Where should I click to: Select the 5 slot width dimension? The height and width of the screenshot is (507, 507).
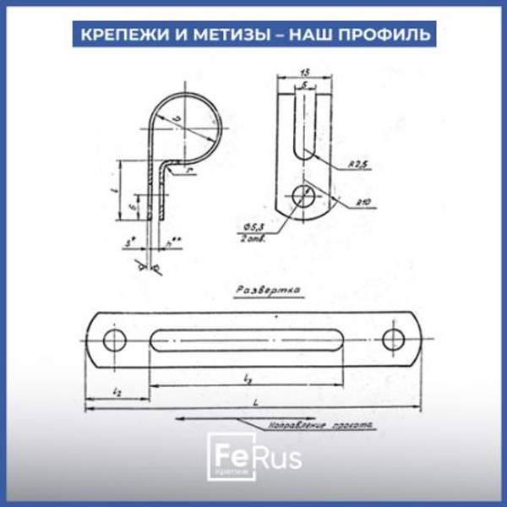pos(303,86)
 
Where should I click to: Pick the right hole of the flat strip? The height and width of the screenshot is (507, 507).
pos(393,340)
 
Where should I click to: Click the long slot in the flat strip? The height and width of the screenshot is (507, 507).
pos(253,341)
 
